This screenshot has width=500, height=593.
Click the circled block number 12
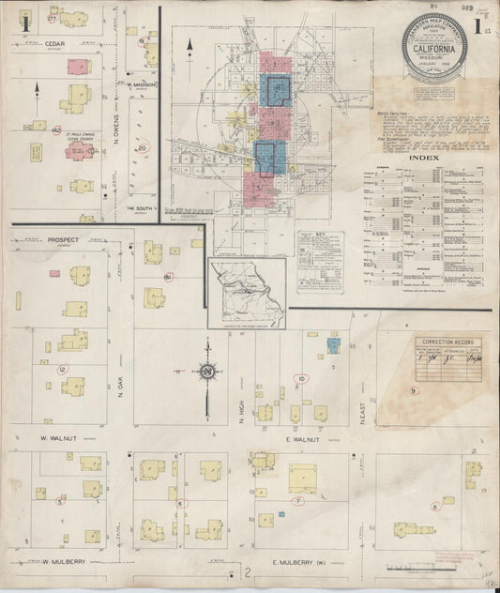tap(63, 370)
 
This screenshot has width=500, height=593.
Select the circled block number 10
tap(302, 378)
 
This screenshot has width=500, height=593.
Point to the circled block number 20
tap(143, 146)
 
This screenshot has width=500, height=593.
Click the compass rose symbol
tap(206, 372)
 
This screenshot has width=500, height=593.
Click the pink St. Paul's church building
tap(79, 151)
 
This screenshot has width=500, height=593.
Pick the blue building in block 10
tap(332, 345)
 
